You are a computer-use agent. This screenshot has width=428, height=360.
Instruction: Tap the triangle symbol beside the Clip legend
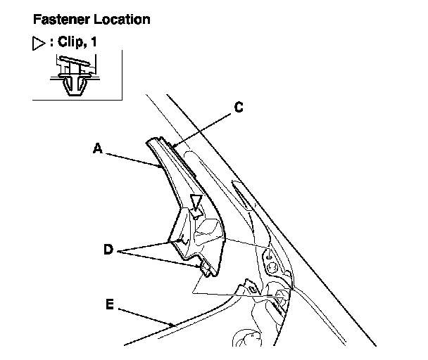pyautogui.click(x=39, y=44)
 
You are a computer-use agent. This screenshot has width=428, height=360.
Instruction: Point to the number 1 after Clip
pyautogui.click(x=94, y=43)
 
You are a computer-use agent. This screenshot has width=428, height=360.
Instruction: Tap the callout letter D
pyautogui.click(x=108, y=249)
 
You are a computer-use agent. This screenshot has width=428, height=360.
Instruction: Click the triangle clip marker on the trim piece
pyautogui.click(x=197, y=205)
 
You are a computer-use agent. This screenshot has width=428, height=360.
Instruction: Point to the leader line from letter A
pyautogui.click(x=131, y=157)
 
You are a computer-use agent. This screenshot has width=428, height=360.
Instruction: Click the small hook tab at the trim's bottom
pyautogui.click(x=206, y=268)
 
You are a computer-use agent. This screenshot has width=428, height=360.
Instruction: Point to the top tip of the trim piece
pyautogui.click(x=149, y=141)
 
